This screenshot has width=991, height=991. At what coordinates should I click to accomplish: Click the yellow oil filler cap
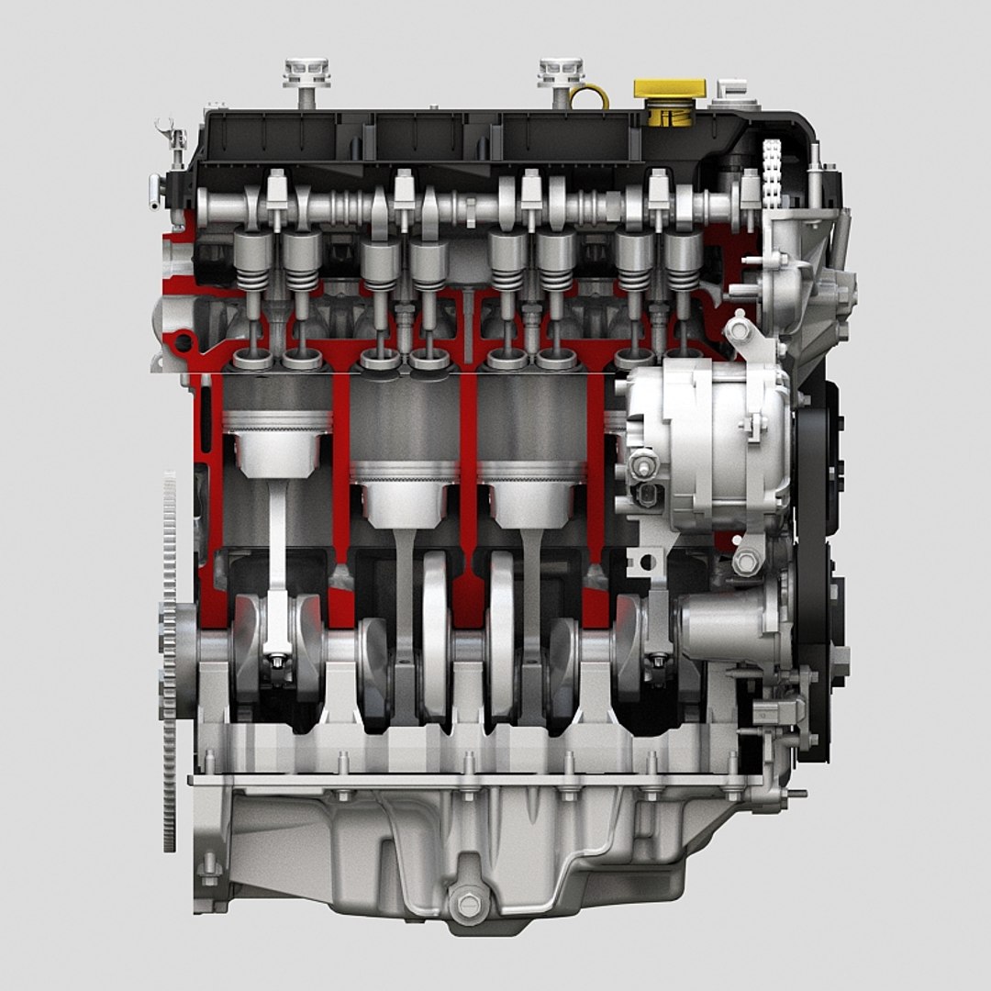point(670,92)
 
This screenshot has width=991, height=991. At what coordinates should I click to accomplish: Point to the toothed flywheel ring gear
point(170,661)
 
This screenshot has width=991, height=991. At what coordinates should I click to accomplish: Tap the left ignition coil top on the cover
point(306,72)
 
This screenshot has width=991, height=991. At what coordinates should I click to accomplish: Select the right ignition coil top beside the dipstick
point(560,72)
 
